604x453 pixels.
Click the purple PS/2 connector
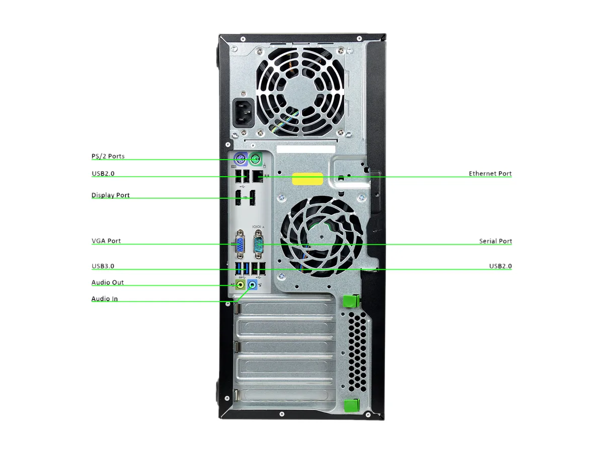coord(241,159)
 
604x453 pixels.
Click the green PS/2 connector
coord(255,159)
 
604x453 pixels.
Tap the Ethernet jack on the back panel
coord(258,176)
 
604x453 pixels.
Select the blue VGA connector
coord(240,244)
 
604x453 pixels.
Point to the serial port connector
coord(258,244)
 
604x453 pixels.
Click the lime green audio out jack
coord(241,285)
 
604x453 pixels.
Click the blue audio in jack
coord(252,285)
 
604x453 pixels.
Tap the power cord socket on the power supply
coord(244,113)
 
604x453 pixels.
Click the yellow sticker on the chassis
coord(307,179)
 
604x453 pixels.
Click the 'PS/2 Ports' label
coord(108,156)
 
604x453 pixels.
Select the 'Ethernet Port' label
coord(490,174)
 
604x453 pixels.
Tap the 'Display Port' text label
coord(110,195)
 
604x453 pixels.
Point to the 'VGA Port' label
coord(106,241)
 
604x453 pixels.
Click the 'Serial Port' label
coord(495,241)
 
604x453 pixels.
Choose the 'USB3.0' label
coord(103,266)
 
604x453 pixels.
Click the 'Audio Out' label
coord(108,282)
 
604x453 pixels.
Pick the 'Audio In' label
coord(105,298)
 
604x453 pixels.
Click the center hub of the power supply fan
coord(300,91)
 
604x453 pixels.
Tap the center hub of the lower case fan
coord(322,237)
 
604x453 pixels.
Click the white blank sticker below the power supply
coord(306,149)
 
